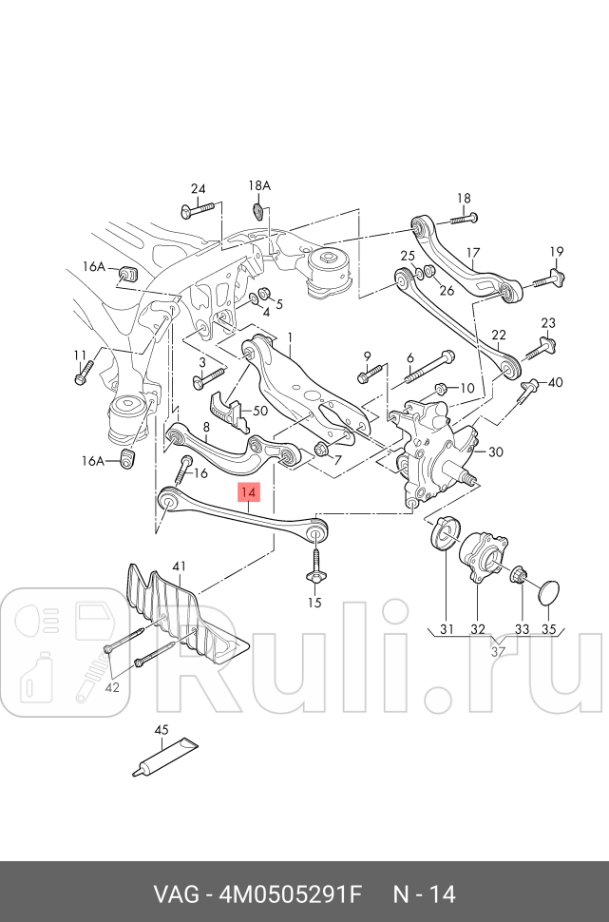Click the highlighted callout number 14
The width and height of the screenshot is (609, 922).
248,492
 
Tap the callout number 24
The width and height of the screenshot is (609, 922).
198,188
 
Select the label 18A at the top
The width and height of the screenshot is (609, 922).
259,185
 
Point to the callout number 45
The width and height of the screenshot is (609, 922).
162,730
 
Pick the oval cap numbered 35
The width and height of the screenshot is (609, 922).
548,592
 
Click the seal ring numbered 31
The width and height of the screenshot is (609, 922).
444,534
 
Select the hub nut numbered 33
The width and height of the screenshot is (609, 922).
520,576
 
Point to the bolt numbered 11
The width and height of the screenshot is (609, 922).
82,373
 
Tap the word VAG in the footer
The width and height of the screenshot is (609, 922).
178,894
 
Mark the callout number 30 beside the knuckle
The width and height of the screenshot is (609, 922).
496,452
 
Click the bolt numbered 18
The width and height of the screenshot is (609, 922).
456,220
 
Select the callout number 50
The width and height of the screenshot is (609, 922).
260,412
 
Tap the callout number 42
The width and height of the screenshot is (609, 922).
113,687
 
